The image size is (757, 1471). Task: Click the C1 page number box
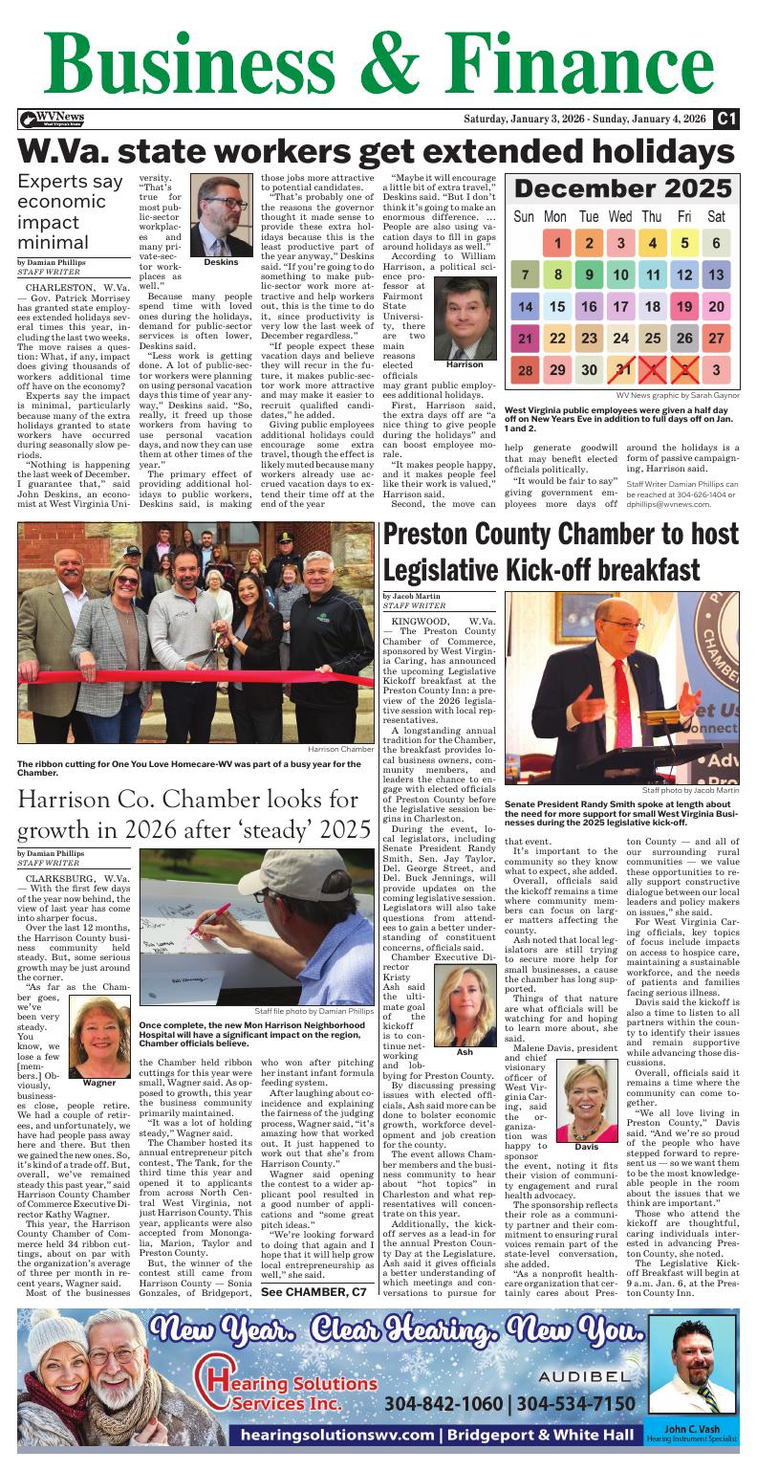click(727, 119)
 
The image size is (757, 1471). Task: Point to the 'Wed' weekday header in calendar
click(619, 217)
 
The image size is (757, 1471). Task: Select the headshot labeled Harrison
click(465, 317)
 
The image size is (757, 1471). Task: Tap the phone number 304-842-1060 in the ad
click(441, 1403)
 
